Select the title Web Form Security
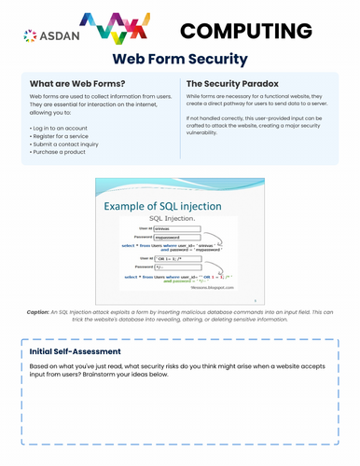[x=179, y=61]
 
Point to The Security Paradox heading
[x=233, y=82]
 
